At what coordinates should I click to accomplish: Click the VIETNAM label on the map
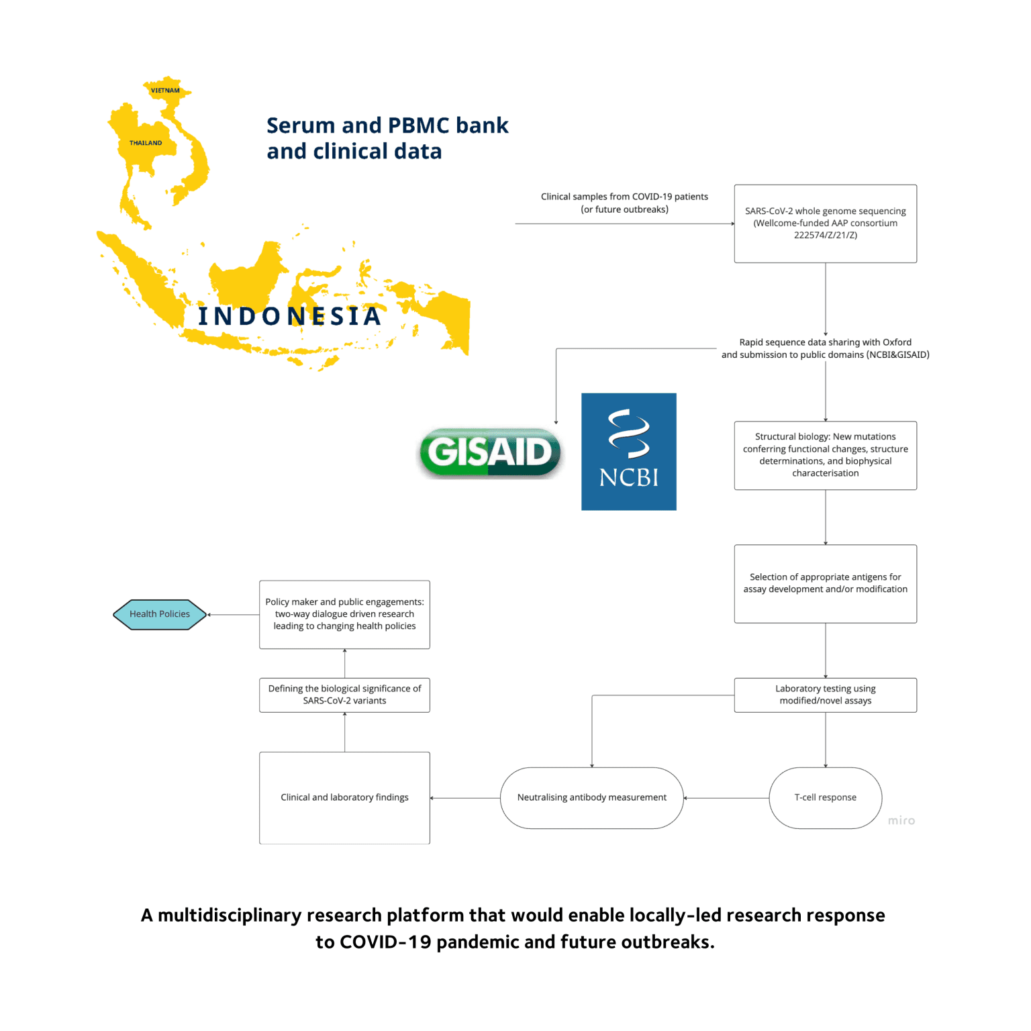(165, 91)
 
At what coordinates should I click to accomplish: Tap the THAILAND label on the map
(146, 143)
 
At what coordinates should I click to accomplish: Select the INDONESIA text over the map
(290, 316)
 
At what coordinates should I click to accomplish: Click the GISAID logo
(490, 452)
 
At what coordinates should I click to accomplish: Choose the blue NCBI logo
(628, 452)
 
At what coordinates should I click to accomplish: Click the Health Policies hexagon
(160, 614)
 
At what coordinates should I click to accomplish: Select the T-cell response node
(825, 797)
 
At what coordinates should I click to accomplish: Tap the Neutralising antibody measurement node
(591, 797)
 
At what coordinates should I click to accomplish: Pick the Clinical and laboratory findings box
(344, 797)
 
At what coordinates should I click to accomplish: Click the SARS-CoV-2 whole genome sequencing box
(825, 224)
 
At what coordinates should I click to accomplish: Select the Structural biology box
(825, 455)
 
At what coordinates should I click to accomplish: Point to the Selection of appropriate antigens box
(825, 583)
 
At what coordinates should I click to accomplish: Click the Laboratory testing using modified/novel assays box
(825, 695)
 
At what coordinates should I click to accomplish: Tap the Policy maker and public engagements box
(344, 614)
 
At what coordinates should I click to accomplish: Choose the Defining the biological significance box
(344, 695)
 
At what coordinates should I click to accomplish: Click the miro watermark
(901, 821)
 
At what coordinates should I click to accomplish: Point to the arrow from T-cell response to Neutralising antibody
(726, 798)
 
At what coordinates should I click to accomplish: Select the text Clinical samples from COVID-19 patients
(624, 197)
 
